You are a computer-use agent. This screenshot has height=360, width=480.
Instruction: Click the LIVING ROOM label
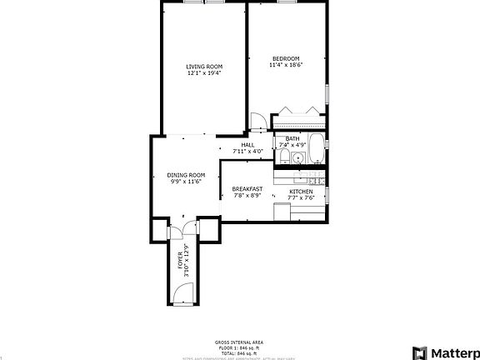point(204,66)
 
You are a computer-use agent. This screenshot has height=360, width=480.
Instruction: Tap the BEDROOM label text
point(285,57)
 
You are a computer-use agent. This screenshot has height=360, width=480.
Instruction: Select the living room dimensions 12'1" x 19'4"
point(204,72)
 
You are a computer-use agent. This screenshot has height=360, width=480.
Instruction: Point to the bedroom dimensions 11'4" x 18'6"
point(285,64)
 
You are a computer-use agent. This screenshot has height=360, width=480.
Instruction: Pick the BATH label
point(292,138)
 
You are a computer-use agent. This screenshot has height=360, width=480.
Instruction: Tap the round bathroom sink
point(298,157)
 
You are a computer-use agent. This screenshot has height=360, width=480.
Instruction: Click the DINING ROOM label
point(187,174)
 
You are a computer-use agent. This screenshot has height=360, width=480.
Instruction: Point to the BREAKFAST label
point(247,189)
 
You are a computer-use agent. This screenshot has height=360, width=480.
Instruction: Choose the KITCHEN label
point(301,191)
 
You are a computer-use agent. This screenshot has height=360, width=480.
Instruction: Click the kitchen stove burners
point(315,180)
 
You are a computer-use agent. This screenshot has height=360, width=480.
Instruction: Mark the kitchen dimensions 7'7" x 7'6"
point(301,197)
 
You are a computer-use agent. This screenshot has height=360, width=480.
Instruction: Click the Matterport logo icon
point(420,352)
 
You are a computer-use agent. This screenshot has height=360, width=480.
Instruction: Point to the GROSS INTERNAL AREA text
point(239,342)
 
